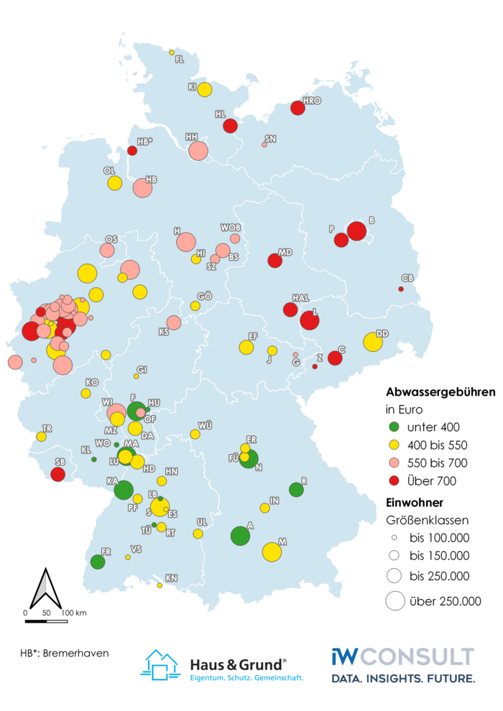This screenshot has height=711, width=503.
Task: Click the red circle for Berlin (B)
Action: tap(356, 231)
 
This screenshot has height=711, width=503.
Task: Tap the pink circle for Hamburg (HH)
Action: tap(198, 151)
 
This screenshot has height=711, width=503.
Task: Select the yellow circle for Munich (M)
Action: tap(272, 552)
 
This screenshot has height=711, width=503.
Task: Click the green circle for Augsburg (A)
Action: tap(240, 536)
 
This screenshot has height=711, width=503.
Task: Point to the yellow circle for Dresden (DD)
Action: tap(373, 341)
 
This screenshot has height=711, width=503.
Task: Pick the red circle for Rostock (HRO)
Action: tap(297, 108)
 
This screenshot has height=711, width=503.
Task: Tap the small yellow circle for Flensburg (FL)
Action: tap(172, 52)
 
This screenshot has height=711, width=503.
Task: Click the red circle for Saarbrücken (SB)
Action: tap(58, 474)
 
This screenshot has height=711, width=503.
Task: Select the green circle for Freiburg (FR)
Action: tap(98, 562)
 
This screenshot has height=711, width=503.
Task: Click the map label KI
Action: tap(193, 86)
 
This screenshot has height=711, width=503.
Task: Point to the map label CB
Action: tap(407, 278)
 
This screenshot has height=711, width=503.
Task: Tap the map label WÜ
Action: tap(206, 426)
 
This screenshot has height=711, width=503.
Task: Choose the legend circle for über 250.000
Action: tap(394, 600)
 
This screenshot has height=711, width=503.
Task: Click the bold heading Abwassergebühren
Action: tap(440, 393)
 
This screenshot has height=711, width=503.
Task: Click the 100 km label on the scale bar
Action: tap(74, 613)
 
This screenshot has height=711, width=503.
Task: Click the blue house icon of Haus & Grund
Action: tap(162, 664)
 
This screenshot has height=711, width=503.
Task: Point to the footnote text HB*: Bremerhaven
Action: tap(65, 653)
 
